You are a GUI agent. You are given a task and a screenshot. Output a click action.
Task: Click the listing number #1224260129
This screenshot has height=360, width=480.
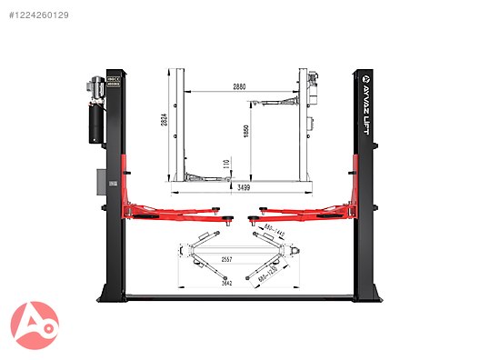[x=38, y=15]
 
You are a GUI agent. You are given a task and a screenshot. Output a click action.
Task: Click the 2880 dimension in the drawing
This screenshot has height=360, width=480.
[x=239, y=86]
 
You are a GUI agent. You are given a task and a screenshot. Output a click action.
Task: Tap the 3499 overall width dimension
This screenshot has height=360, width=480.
[x=243, y=189]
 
